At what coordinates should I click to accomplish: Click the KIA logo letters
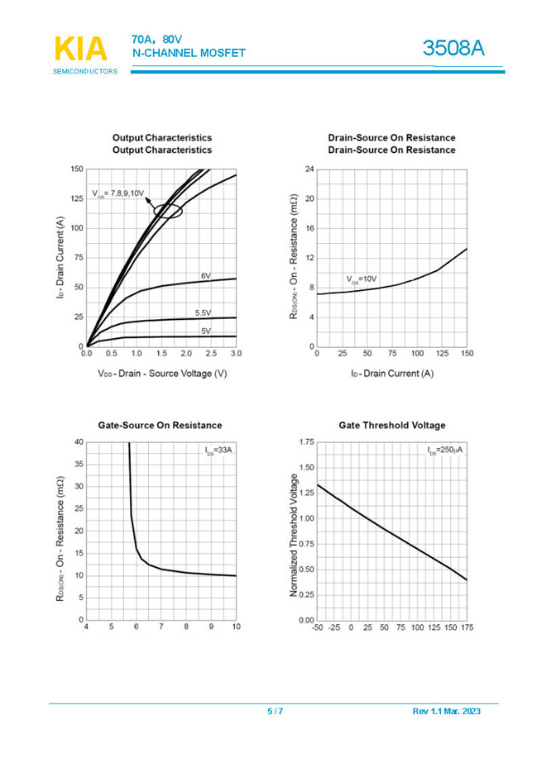coord(80,50)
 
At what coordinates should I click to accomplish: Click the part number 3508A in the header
coord(453,49)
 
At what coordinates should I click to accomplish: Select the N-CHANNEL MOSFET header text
coord(189,54)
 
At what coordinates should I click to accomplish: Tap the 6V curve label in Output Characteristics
coord(205,275)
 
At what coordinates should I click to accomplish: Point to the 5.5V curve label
coord(203,313)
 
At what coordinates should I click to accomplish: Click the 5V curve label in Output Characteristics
coord(205,331)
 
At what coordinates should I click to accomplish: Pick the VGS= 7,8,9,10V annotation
coord(118,193)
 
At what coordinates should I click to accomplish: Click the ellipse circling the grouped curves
coord(168,211)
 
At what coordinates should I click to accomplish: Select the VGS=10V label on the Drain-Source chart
coord(362,279)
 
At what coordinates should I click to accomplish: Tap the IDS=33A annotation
coord(219,451)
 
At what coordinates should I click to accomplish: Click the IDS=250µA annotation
coord(446,451)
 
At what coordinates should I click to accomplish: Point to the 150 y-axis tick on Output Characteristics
coord(77,169)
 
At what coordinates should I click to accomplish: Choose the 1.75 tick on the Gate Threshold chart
coord(305,443)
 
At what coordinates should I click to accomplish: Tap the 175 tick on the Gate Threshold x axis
coord(467,628)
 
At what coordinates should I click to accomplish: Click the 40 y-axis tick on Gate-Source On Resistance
coord(79,442)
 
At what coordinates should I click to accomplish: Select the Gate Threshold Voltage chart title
coord(391,425)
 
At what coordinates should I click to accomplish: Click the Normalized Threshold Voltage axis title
coord(294,535)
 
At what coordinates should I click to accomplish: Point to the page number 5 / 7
coord(275,712)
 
